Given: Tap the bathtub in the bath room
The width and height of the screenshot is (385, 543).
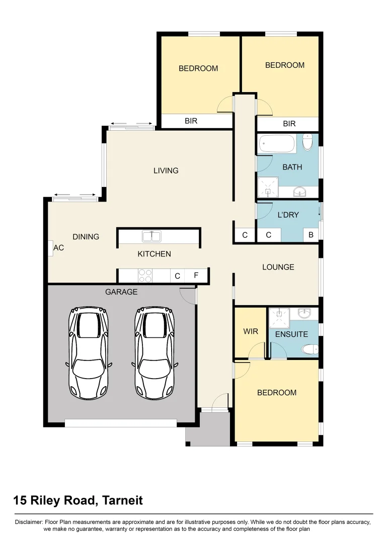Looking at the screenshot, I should [276, 144].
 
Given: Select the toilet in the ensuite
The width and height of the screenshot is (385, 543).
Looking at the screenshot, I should [308, 349].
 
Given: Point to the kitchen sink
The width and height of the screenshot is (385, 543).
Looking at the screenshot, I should [151, 235].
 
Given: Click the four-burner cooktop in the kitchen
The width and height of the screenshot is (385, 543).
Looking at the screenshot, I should [145, 276].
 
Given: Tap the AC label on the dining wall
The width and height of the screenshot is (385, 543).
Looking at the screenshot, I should [58, 248].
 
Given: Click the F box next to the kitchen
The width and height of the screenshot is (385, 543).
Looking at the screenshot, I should [196, 276].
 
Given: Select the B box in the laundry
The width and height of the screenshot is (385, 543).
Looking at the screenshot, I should [311, 235].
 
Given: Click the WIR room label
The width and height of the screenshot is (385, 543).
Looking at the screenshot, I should [250, 332].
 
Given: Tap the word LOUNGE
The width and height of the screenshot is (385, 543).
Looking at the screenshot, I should [278, 267].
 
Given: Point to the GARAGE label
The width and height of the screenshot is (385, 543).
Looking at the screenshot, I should [121, 292].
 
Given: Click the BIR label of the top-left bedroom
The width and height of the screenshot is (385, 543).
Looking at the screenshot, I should [191, 121].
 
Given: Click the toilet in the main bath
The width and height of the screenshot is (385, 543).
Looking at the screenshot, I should [308, 142].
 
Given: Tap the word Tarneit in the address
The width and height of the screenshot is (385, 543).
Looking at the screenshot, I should [122, 500].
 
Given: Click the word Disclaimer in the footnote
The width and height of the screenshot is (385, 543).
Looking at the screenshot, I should [29, 522].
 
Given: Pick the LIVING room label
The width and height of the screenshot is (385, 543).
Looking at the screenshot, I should [166, 170].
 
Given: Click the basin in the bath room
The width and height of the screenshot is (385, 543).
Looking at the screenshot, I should [300, 191].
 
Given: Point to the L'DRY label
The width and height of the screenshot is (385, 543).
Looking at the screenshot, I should [288, 215].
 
